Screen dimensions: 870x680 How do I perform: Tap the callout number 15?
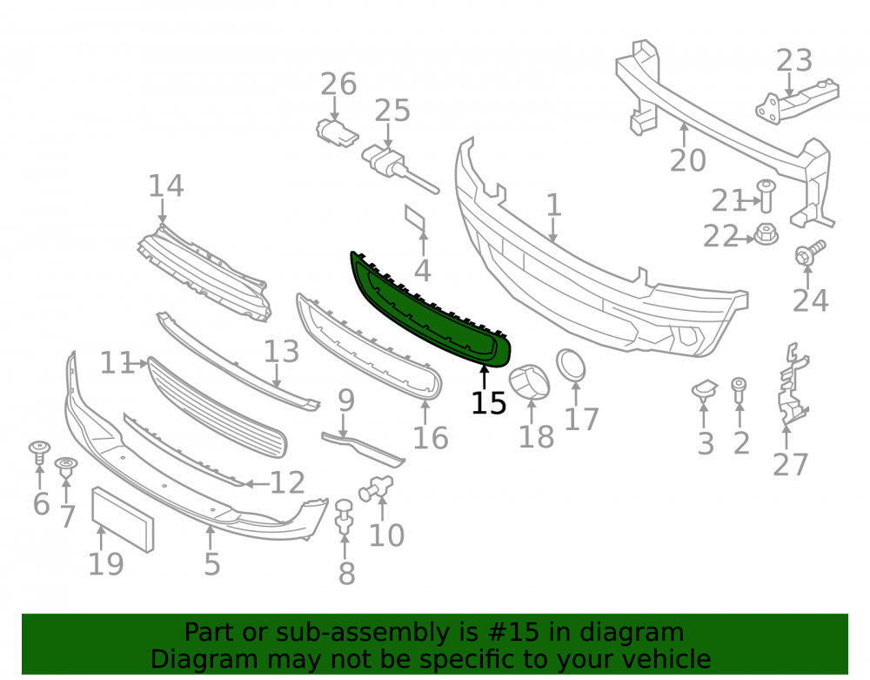[x=488, y=403]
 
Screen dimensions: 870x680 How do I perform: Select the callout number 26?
[x=338, y=84]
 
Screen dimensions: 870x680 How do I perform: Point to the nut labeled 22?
[x=766, y=234]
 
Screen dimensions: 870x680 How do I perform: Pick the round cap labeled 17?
[x=571, y=366]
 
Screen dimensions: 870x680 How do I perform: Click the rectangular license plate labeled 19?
[x=123, y=520]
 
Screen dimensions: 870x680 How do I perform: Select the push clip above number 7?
[x=66, y=468]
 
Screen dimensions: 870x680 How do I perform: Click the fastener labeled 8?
[x=345, y=517]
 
